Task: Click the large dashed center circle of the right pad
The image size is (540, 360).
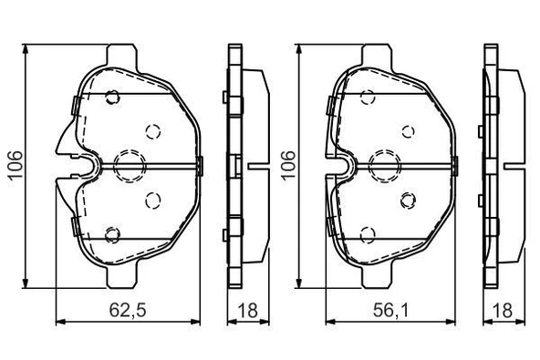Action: (383, 165)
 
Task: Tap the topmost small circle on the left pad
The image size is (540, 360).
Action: (112, 98)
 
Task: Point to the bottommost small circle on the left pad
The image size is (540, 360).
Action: (112, 234)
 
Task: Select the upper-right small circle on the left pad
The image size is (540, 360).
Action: (152, 130)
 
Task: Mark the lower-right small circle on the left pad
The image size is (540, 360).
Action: (152, 199)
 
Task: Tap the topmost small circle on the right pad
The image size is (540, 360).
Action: (368, 98)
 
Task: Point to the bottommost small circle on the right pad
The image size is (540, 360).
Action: (368, 234)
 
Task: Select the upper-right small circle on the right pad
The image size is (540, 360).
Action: (408, 130)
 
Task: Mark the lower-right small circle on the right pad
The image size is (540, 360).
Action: (408, 199)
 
